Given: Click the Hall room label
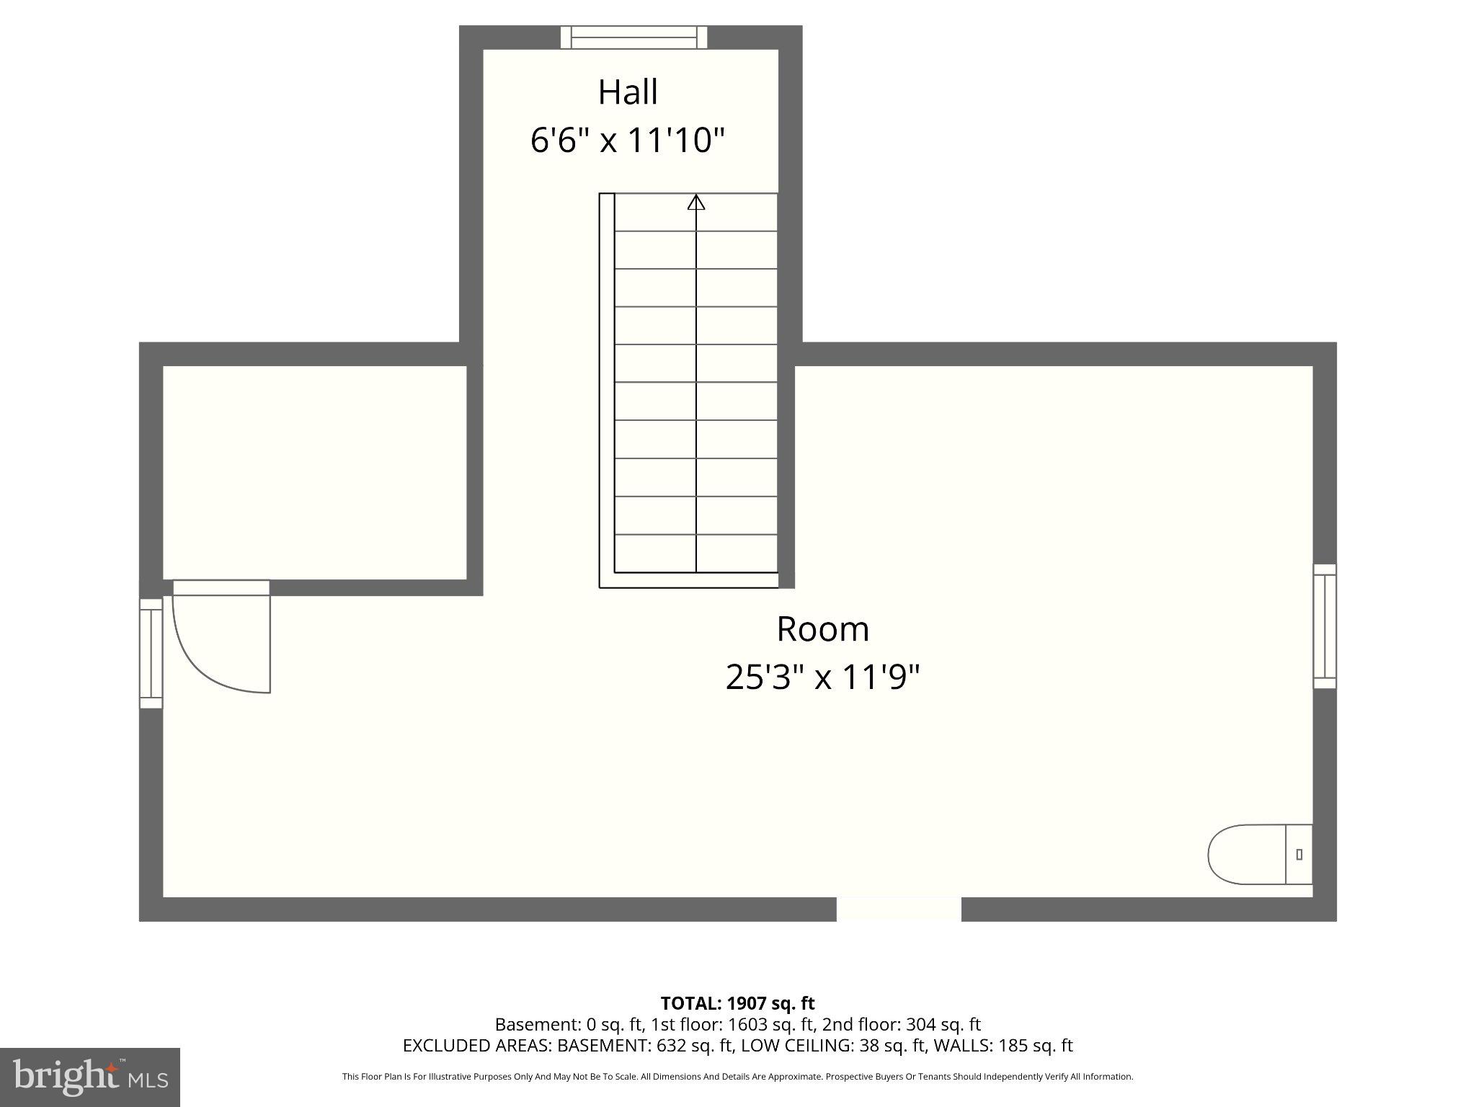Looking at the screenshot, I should click(628, 92).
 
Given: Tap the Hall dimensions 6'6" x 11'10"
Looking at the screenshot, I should click(628, 140).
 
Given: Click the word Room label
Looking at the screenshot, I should click(822, 629).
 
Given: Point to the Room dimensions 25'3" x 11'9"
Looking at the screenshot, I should click(822, 677).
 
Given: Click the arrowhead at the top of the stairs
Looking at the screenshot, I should click(695, 203).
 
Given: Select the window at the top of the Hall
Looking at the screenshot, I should click(634, 37).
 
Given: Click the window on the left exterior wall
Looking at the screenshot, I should click(151, 653).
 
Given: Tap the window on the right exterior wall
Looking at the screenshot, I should click(1324, 626).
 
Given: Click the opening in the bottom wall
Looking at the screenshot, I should click(899, 909).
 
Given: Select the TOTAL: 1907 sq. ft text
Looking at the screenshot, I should click(737, 1003).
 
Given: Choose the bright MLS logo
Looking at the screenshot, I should click(90, 1077).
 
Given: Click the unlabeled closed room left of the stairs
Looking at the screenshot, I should click(314, 472).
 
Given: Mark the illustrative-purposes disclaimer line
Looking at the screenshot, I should click(737, 1077).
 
